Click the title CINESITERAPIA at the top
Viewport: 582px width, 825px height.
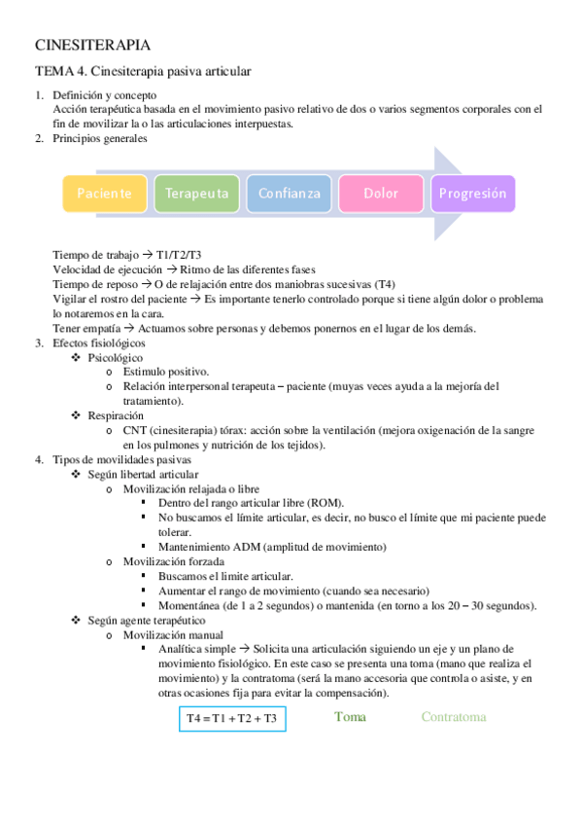92,46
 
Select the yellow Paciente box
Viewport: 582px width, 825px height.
105,193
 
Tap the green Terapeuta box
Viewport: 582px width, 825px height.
196,193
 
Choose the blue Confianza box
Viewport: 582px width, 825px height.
289,193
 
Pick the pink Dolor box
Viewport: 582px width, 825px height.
381,193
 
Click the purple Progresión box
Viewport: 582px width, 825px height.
472,193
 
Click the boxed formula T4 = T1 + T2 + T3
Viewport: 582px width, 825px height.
231,720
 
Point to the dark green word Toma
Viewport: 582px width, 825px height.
350,717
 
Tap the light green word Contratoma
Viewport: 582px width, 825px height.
453,717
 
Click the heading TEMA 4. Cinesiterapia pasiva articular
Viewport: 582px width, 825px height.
143,72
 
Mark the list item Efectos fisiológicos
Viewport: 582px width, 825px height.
99,343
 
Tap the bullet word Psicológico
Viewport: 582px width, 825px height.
116,358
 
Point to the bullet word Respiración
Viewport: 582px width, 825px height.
117,415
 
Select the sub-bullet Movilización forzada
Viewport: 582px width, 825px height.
174,561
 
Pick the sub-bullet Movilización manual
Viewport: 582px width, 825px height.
172,633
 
